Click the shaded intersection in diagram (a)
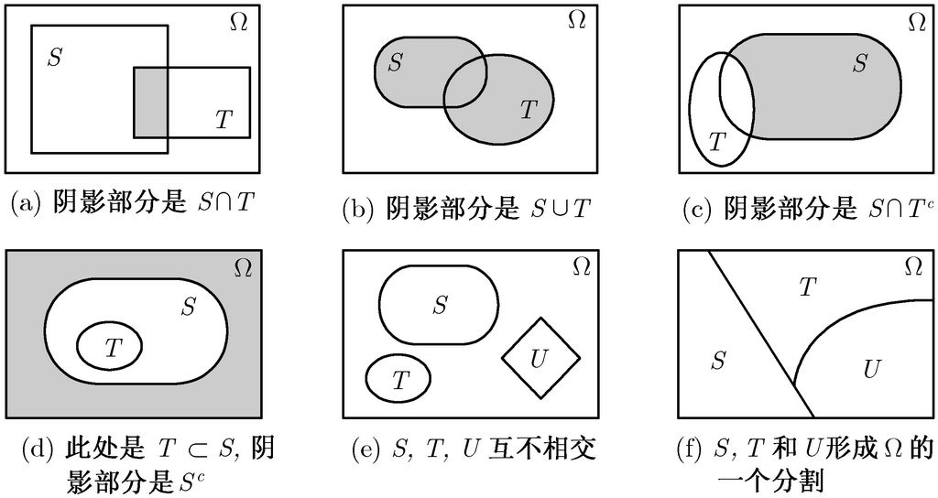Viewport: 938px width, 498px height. (151, 101)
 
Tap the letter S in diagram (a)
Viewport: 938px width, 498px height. (56, 59)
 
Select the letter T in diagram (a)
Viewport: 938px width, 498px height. (223, 118)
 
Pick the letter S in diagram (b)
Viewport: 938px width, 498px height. (395, 63)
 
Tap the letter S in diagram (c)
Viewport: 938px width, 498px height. (859, 63)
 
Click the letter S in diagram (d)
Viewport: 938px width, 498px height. (188, 306)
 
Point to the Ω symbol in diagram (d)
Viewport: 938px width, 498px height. (243, 267)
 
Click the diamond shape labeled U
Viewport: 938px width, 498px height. (540, 358)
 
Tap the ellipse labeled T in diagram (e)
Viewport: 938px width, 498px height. (399, 378)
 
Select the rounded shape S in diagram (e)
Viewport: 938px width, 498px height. (439, 306)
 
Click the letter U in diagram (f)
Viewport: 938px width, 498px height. (872, 369)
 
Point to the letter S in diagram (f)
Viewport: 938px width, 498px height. (718, 361)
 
